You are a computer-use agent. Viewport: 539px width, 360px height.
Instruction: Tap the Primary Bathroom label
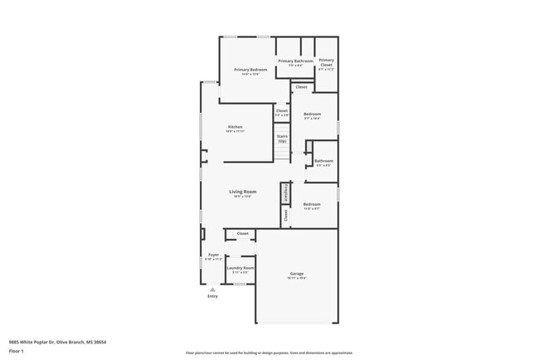pyautogui.click(x=295, y=61)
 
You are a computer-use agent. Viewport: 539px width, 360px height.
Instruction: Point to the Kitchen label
pyautogui.click(x=236, y=127)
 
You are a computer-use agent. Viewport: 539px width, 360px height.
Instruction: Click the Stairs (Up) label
pyautogui.click(x=282, y=138)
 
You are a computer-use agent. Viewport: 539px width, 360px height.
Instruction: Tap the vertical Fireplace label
pyautogui.click(x=286, y=192)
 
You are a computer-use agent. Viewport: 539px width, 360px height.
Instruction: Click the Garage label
pyautogui.click(x=296, y=274)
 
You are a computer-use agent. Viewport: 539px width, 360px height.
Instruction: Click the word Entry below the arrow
pyautogui.click(x=212, y=296)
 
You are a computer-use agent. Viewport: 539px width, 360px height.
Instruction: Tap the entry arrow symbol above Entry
pyautogui.click(x=212, y=289)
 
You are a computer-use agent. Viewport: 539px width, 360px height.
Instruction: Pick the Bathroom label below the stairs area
pyautogui.click(x=323, y=161)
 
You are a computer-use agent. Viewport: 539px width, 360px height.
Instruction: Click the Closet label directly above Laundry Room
pyautogui.click(x=243, y=234)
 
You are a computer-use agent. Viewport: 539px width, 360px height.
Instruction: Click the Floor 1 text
pyautogui.click(x=17, y=351)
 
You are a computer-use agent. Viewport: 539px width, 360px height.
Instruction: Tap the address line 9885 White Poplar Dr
pyautogui.click(x=57, y=342)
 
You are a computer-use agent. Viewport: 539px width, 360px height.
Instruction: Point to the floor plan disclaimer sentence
pyautogui.click(x=269, y=352)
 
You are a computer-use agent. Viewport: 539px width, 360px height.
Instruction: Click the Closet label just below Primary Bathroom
pyautogui.click(x=301, y=87)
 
